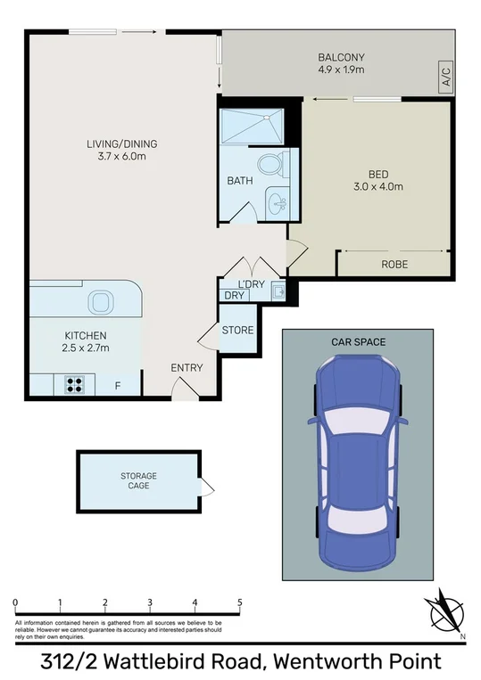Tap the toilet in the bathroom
pyautogui.click(x=269, y=164)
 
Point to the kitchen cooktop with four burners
pyautogui.click(x=74, y=386)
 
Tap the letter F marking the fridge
pyautogui.click(x=117, y=386)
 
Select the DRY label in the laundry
pyautogui.click(x=234, y=295)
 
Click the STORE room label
pyautogui.click(x=237, y=331)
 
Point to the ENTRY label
pyautogui.click(x=187, y=367)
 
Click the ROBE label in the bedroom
pyautogui.click(x=394, y=265)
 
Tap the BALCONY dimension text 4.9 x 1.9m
pyautogui.click(x=341, y=70)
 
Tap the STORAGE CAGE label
pyautogui.click(x=138, y=481)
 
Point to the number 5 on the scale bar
pyautogui.click(x=240, y=602)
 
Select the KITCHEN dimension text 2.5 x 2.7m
pyautogui.click(x=86, y=348)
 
